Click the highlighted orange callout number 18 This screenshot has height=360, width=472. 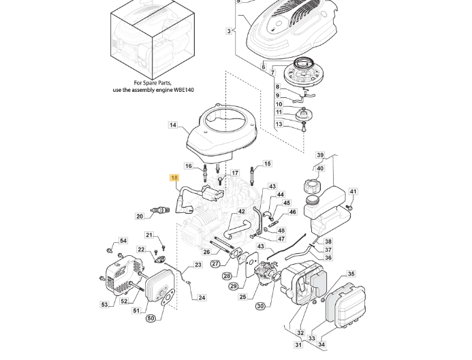[174, 178]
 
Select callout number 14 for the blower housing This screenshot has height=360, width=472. [173, 125]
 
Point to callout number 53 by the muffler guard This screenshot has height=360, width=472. [104, 305]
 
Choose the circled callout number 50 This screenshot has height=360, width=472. [151, 318]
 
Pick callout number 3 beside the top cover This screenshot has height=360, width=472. [229, 31]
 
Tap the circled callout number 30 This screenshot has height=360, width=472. [261, 306]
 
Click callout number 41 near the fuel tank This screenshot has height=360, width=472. [353, 192]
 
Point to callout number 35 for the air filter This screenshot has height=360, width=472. [351, 274]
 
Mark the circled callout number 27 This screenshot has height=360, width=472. [215, 264]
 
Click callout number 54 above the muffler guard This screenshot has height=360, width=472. [123, 241]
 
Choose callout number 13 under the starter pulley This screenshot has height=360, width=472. [279, 124]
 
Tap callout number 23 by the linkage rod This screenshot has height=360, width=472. [198, 265]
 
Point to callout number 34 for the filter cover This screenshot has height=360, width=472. [321, 344]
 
